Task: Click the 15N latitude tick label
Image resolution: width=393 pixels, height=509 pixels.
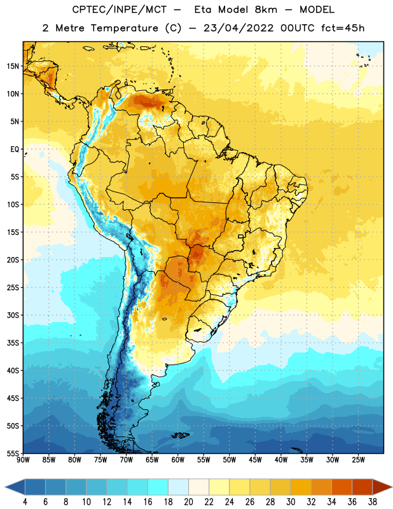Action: [13, 66]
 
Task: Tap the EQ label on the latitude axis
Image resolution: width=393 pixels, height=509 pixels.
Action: [15, 150]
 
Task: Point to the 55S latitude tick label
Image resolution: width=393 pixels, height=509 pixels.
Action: [13, 453]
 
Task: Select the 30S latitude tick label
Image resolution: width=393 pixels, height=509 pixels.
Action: [13, 315]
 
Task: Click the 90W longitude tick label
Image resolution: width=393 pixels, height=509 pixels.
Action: [23, 460]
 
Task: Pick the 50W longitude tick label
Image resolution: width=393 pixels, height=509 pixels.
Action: [230, 460]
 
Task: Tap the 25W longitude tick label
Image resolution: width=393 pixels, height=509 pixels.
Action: [358, 460]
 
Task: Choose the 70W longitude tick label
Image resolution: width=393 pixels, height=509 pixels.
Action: [127, 460]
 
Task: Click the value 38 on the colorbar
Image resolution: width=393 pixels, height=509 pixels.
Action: [373, 502]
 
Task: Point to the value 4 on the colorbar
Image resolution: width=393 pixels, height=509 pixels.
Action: [25, 502]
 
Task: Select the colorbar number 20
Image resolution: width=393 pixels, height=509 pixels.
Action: [188, 502]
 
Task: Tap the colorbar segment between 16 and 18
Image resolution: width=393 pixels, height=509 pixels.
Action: [158, 487]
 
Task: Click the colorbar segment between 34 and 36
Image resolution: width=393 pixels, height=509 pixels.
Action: [341, 487]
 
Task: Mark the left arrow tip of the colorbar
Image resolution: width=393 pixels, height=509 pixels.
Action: [5, 487]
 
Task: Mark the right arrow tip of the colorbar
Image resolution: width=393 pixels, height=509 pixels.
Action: [392, 487]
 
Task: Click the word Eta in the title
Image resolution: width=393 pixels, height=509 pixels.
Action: [203, 10]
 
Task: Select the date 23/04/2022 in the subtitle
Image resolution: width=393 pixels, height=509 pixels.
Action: [238, 28]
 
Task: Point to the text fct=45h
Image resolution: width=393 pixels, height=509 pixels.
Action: [343, 28]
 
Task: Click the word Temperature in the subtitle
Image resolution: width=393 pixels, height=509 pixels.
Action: [124, 28]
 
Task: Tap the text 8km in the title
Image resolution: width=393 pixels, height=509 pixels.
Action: [266, 10]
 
